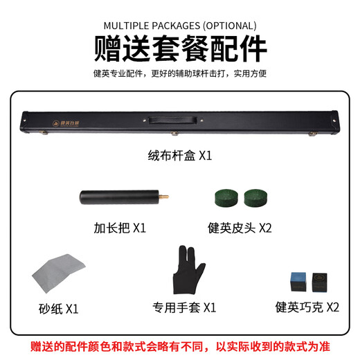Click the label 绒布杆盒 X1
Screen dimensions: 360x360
pyautogui.click(x=179, y=156)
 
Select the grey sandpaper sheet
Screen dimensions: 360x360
pyautogui.click(x=59, y=274)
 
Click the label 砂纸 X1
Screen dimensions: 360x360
pyautogui.click(x=58, y=307)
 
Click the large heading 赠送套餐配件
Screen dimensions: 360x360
pyautogui.click(x=179, y=49)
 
